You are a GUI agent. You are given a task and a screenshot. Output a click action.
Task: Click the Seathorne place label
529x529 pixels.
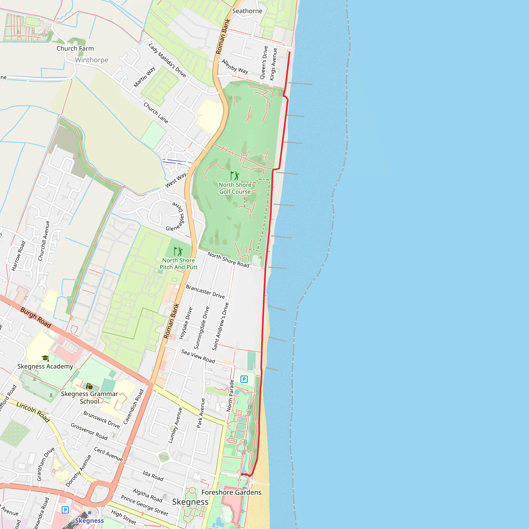pyautogui.click(x=247, y=11)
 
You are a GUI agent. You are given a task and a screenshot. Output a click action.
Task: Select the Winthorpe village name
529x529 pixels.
pyautogui.click(x=91, y=60)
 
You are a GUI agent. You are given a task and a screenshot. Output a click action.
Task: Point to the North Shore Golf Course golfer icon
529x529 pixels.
pyautogui.click(x=235, y=175)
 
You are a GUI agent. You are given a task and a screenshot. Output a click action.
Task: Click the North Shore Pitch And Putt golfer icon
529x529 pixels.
pyautogui.click(x=178, y=251)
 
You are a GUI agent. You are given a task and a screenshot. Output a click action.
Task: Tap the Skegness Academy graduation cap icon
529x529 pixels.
pyautogui.click(x=45, y=358)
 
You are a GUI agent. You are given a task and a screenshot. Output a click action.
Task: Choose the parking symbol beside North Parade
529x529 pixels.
pyautogui.click(x=244, y=379)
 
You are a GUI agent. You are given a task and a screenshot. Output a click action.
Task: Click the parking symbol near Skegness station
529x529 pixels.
pyautogui.click(x=65, y=510)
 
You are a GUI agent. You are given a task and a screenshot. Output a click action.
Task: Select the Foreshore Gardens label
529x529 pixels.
pyautogui.click(x=231, y=492)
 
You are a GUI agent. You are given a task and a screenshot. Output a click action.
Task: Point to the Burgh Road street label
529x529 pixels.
pyautogui.click(x=36, y=317)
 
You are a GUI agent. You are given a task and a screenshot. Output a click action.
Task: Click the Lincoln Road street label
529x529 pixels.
pyautogui.click(x=33, y=412)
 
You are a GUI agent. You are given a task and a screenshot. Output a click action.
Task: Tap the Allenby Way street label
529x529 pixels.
pyautogui.click(x=235, y=67)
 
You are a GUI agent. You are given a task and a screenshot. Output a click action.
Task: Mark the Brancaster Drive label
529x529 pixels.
pyautogui.click(x=205, y=291)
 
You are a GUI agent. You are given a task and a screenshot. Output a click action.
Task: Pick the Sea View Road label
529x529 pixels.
pyautogui.click(x=198, y=356)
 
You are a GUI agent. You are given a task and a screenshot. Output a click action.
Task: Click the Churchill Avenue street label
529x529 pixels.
pyautogui.click(x=44, y=241)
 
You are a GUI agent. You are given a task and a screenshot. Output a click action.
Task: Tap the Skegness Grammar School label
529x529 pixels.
pyautogui.click(x=89, y=398)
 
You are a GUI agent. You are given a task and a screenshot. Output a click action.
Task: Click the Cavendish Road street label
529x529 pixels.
pyautogui.click(x=133, y=407)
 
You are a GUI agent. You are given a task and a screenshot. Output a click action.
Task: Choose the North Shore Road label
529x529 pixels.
pyautogui.click(x=228, y=259)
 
